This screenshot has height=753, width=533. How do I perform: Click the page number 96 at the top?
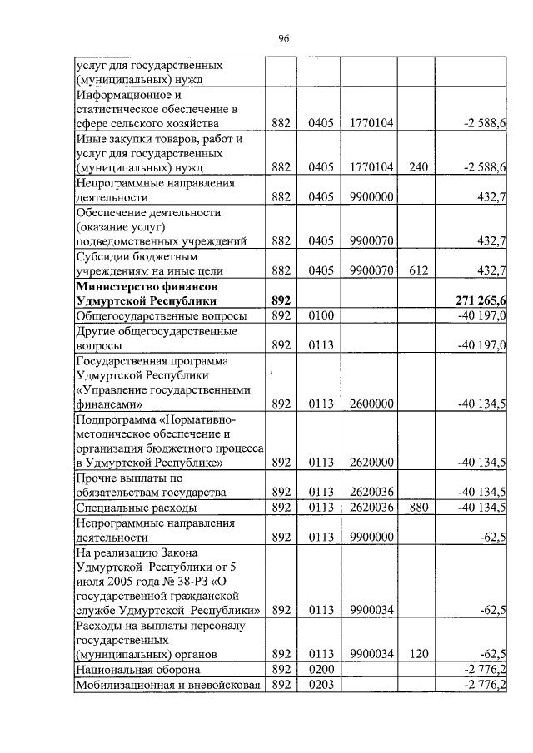(282, 38)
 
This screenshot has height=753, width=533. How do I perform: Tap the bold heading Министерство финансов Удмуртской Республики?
(147, 293)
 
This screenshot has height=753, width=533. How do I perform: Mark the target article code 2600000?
(371, 404)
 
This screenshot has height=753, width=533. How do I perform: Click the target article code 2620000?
(371, 462)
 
